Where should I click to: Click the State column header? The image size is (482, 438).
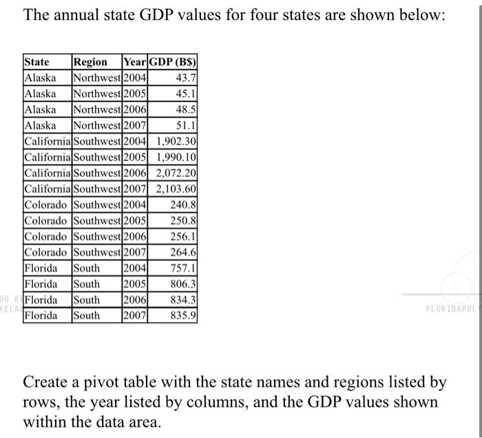click(x=37, y=62)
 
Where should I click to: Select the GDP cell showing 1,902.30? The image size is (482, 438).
click(x=176, y=141)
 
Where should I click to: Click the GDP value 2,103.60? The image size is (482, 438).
click(x=176, y=189)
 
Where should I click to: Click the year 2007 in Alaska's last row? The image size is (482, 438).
click(x=134, y=125)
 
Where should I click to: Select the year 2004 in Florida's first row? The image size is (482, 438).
click(x=134, y=268)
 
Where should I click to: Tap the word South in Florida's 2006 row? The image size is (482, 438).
click(x=87, y=300)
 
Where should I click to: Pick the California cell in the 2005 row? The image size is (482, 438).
click(x=48, y=157)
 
